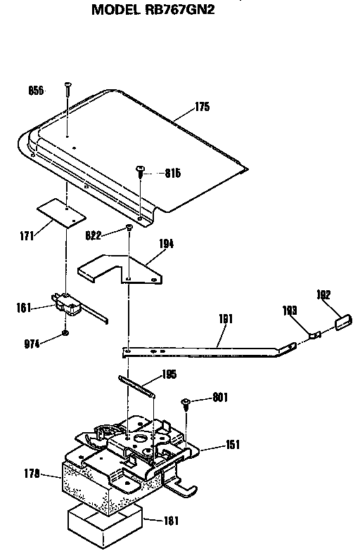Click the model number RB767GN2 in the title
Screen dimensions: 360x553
point(179,10)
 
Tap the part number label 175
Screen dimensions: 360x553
point(202,107)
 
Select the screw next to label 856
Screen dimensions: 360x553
point(67,89)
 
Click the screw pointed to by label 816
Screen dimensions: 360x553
point(140,171)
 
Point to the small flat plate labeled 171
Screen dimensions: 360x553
point(61,212)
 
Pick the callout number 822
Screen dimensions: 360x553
point(94,235)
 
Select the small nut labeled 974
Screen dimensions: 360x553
point(65,333)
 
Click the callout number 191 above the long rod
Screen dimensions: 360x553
point(226,319)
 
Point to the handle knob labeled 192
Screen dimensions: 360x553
point(343,322)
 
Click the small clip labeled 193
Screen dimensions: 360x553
point(315,334)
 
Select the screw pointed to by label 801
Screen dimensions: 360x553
point(186,403)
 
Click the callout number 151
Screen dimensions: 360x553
point(233,444)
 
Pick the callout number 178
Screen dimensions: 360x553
point(32,474)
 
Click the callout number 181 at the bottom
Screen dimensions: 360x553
point(171,521)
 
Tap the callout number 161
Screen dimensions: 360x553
point(24,308)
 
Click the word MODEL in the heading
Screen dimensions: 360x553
point(116,10)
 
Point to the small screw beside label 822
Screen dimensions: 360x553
point(129,227)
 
